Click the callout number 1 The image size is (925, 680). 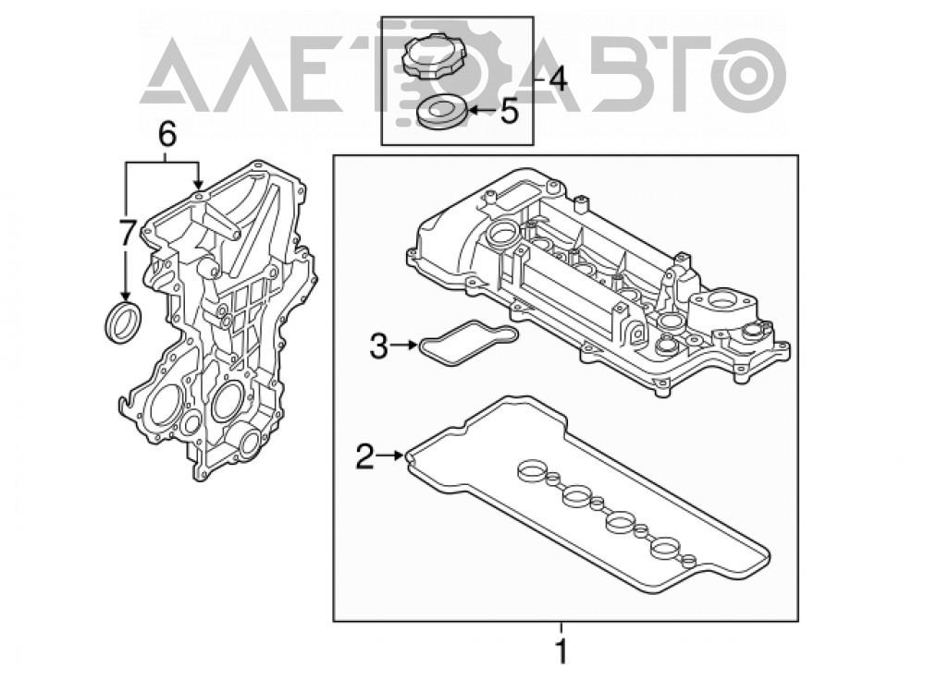561,651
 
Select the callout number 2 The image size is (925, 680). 365,456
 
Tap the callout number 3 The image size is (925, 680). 378,346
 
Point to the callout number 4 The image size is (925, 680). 556,79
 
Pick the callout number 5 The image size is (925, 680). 509,111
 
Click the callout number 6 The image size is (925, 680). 166,136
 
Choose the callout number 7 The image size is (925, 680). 126,234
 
